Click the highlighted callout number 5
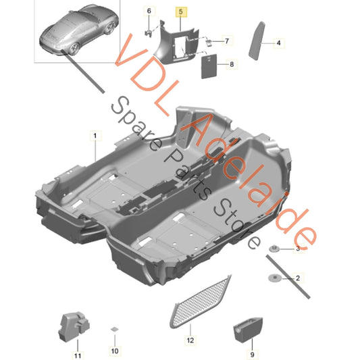pos(181,11)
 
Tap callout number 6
pos(149,11)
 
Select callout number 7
pos(227,41)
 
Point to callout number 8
pos(232,64)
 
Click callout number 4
pos(278,43)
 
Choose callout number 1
pos(95,136)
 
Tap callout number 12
pos(190,340)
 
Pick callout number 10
pos(115,351)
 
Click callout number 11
pos(78,356)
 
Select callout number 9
pos(253,355)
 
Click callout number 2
pos(298,278)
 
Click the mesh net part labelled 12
pos(201,301)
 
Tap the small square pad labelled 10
pos(115,329)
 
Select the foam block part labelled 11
pos(74,326)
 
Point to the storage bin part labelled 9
pos(248,330)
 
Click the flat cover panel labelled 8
pos(209,66)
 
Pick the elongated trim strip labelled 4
pos(257,41)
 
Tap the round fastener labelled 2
pos(275,278)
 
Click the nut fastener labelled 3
pos(274,249)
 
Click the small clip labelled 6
pos(149,33)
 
